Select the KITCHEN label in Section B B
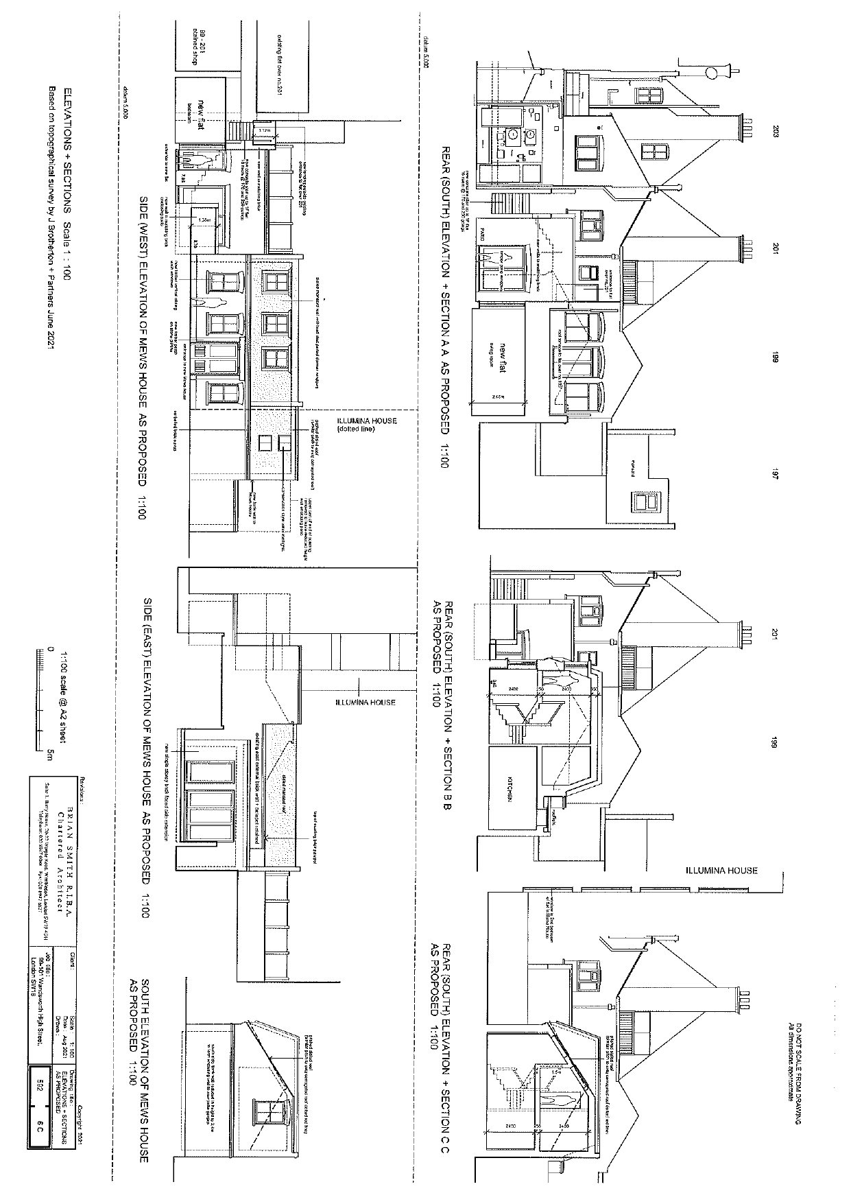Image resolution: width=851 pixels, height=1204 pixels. point(511,790)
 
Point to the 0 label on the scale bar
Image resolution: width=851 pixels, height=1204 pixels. point(50,649)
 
